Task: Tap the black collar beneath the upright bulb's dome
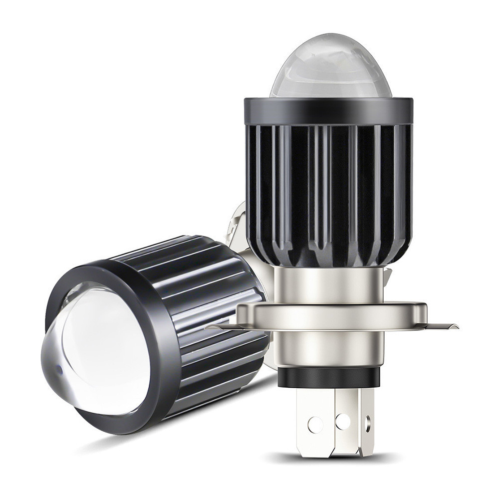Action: (x=328, y=111)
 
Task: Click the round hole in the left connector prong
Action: (x=315, y=425)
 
